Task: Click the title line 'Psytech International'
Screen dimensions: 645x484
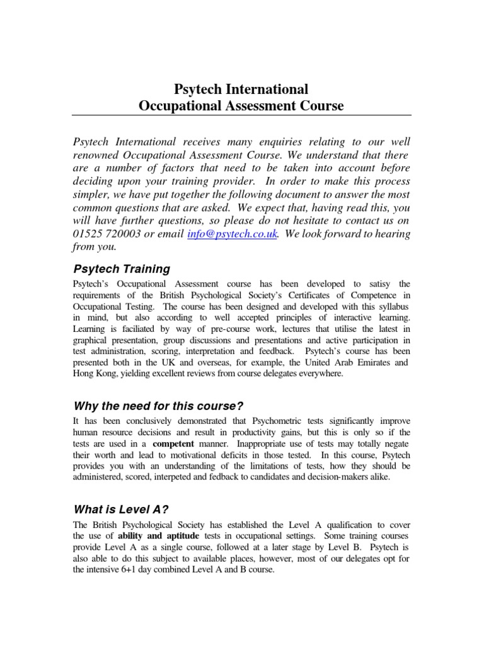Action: tap(241, 88)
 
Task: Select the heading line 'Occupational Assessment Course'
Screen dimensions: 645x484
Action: tap(241, 105)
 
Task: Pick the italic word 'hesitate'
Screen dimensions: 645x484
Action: tap(306, 220)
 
